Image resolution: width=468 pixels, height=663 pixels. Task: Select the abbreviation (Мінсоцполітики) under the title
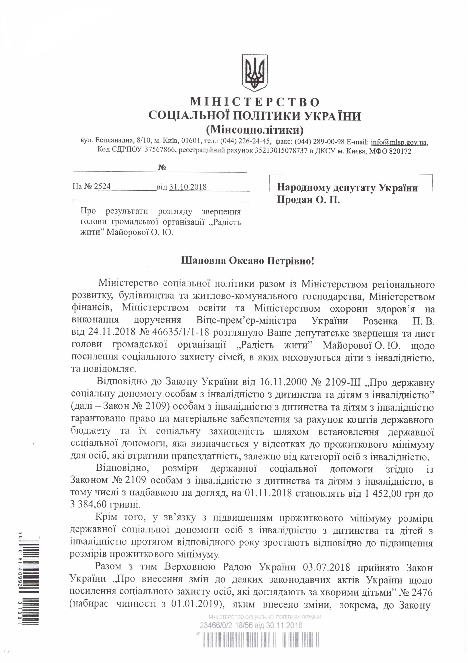pos(255,130)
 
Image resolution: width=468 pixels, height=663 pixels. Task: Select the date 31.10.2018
pos(188,187)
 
